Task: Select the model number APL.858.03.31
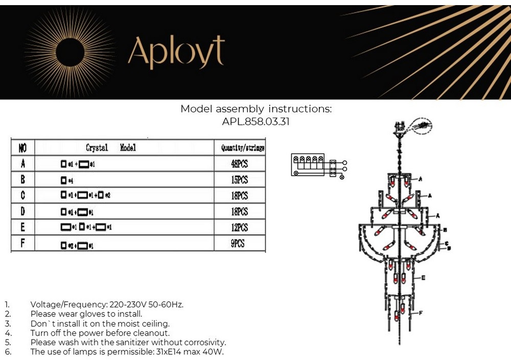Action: [x=255, y=122]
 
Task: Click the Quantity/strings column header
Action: [x=242, y=148]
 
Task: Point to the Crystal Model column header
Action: [x=111, y=148]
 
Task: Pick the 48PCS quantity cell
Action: [x=239, y=164]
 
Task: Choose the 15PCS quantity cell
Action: [x=239, y=180]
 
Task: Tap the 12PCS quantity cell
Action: [x=239, y=228]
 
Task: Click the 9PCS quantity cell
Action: [x=238, y=243]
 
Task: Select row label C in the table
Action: [x=23, y=196]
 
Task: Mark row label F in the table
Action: [x=23, y=243]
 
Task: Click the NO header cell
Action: [x=23, y=148]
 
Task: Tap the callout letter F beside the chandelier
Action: [x=420, y=312]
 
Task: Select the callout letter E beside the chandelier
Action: [x=424, y=277]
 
